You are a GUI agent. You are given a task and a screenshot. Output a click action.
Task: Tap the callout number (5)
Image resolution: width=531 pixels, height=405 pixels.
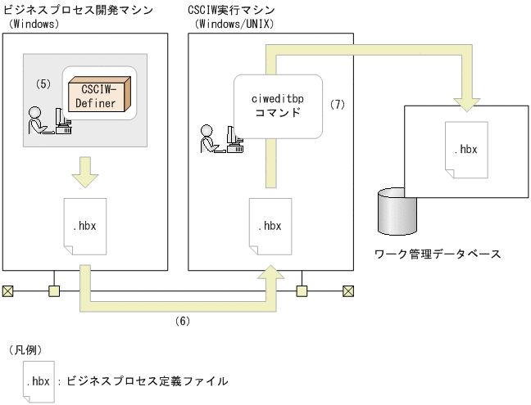44,83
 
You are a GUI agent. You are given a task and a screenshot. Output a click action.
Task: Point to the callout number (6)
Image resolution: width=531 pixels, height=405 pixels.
183,322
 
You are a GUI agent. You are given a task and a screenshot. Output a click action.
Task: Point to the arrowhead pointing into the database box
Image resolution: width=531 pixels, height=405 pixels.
465,101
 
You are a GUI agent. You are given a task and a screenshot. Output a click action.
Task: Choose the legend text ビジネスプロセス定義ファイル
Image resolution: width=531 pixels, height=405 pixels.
147,381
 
